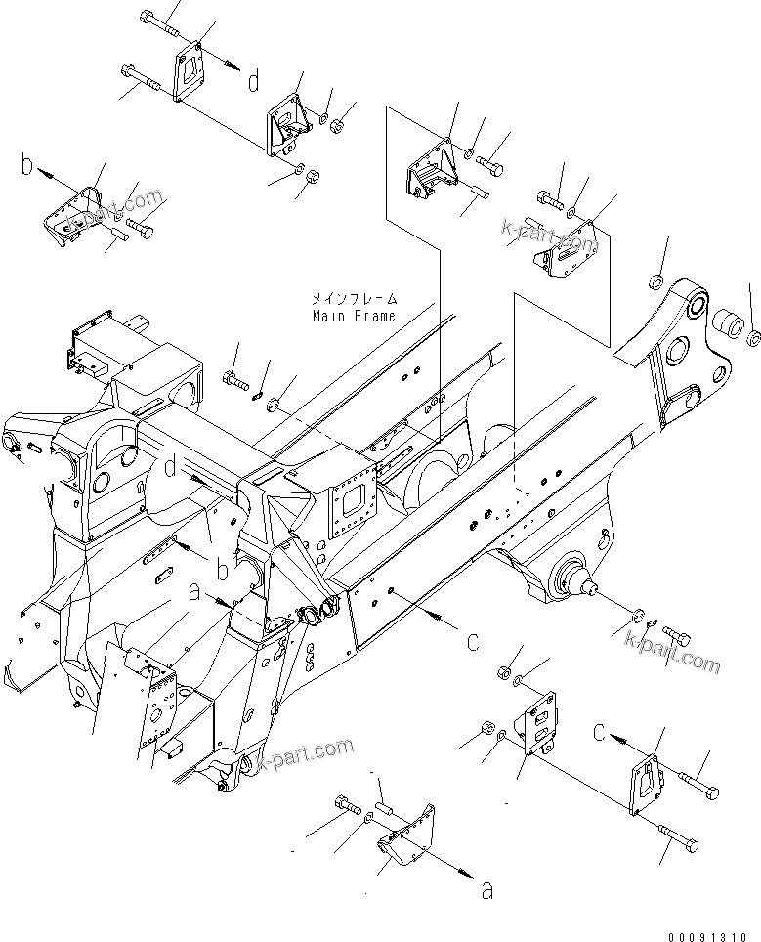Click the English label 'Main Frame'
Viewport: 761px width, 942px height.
point(354,317)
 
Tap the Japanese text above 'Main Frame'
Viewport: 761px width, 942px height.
point(354,298)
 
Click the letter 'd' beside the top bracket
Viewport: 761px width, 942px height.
point(253,81)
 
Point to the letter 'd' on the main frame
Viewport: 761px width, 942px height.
point(171,470)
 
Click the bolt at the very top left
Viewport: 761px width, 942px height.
point(157,19)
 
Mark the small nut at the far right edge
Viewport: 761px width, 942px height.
point(753,339)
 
